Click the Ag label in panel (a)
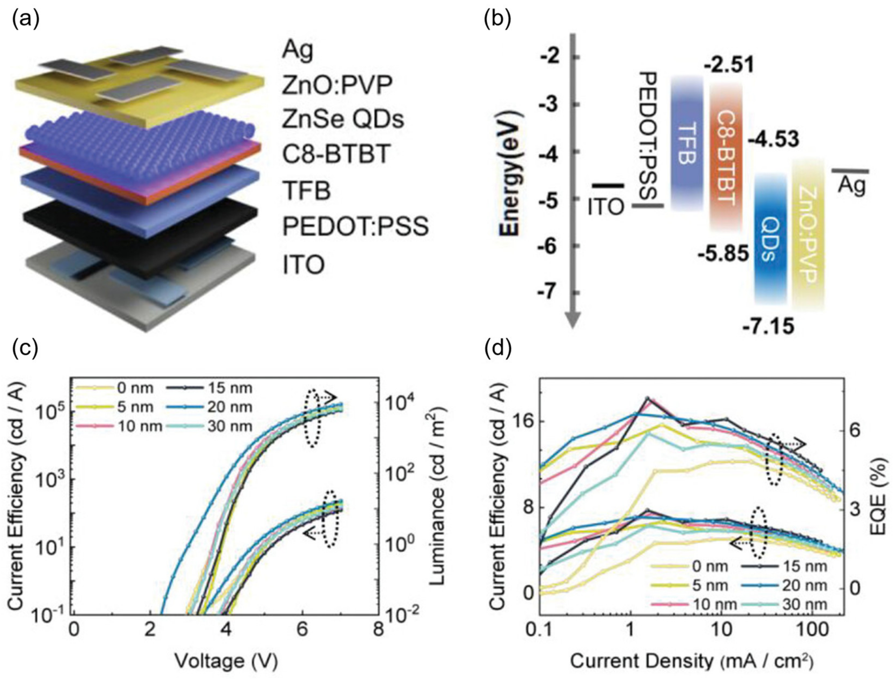point(298,51)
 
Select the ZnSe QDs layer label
point(343,120)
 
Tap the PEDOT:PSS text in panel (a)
point(355,227)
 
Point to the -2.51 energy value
point(729,65)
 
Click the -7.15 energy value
point(768,326)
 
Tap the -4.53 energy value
point(773,140)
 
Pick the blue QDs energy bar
point(770,239)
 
